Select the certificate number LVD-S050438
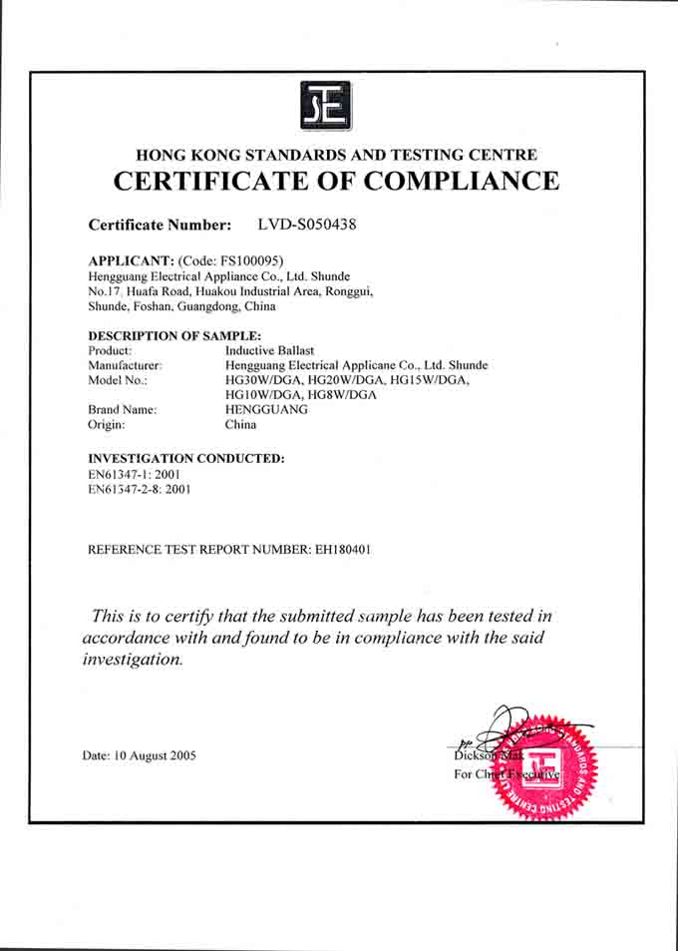306,225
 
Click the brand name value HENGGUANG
268,409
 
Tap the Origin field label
107,424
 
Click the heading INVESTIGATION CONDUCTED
186,458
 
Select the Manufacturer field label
125,365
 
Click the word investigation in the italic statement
133,660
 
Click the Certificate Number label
160,226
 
